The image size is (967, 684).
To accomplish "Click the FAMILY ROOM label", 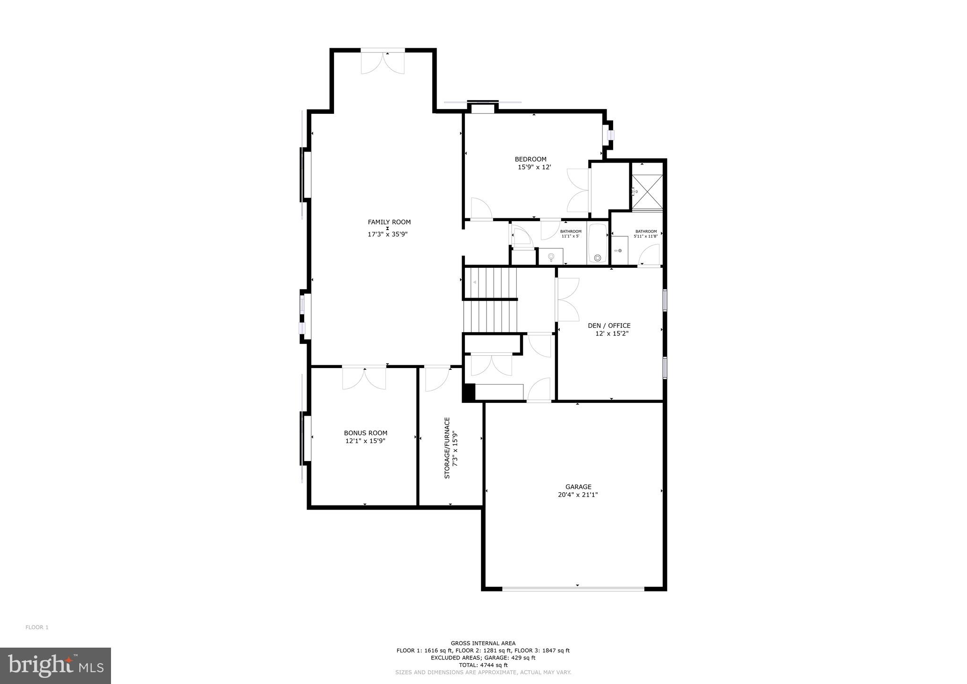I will tap(389, 222).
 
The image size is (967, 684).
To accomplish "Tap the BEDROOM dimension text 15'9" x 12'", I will tap(534, 167).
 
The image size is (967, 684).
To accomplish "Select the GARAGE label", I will tap(578, 487).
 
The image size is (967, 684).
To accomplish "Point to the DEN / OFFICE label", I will tap(608, 325).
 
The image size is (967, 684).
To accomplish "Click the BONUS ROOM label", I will tap(365, 433).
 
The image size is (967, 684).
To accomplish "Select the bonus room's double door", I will tap(364, 378).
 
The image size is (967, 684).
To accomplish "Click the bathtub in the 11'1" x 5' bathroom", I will tap(598, 243).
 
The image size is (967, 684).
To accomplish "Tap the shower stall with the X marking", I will tap(647, 191).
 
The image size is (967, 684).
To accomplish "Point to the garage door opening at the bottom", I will tap(573, 589).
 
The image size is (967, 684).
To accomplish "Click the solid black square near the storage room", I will tap(468, 393).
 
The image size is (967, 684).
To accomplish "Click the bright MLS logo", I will tap(55, 666).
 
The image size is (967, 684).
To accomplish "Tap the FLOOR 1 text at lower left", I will tap(37, 627).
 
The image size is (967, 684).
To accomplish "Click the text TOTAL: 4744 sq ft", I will tap(483, 665).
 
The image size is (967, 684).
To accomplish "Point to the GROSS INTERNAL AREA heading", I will tap(483, 643).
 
